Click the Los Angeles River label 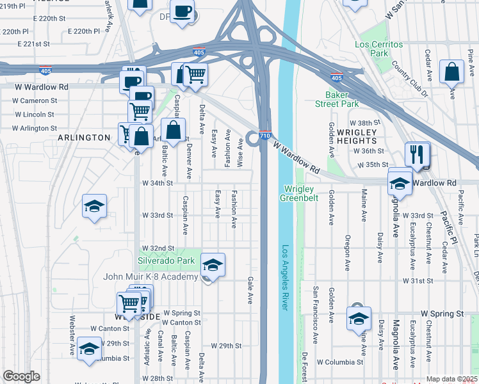click(x=286, y=278)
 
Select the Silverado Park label click(x=166, y=260)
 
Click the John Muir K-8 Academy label click(x=151, y=276)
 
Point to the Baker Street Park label click(x=337, y=99)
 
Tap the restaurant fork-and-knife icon click(x=417, y=154)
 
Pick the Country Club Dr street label click(x=410, y=80)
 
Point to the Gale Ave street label click(x=250, y=291)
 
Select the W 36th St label click(x=368, y=151)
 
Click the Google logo click(x=21, y=376)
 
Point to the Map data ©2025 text click(x=452, y=379)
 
